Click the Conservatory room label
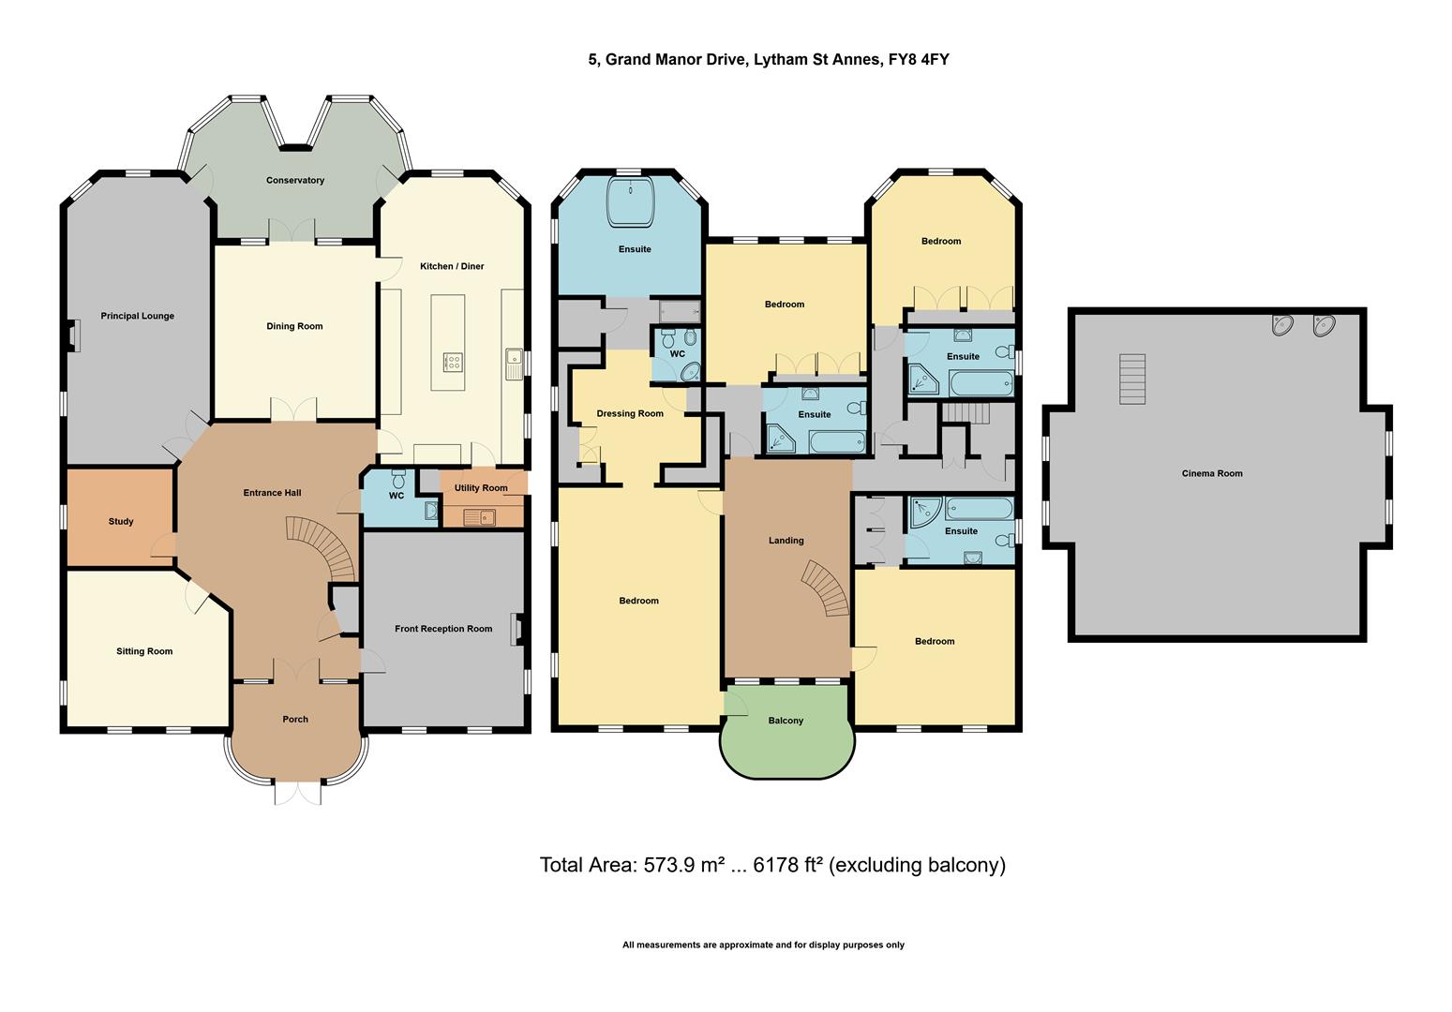pos(295,181)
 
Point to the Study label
pos(121,522)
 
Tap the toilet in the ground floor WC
pos(397,476)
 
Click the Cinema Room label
pos(1211,474)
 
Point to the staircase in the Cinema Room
pos(1132,379)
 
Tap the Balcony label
pos(786,721)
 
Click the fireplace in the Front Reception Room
pos(516,629)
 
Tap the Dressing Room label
pos(630,414)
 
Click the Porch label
pos(295,720)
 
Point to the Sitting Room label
pos(144,652)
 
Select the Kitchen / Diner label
pos(452,267)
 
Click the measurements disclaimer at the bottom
pos(763,945)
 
